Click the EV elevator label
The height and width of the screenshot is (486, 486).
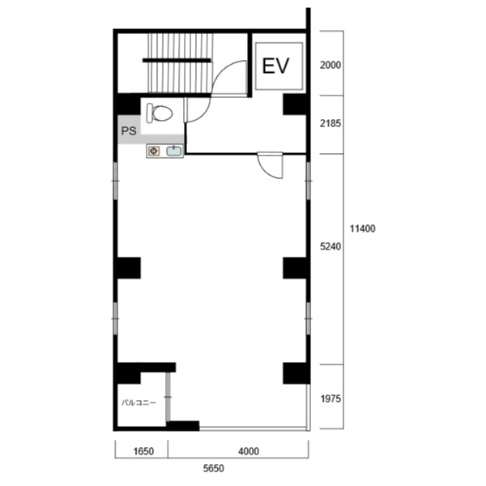pos(275,66)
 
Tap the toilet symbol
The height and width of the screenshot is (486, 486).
pos(160,113)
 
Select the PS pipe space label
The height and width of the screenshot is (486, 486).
pos(129,130)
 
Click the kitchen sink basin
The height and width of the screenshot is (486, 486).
pos(174,151)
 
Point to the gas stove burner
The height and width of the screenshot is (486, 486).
pos(154,151)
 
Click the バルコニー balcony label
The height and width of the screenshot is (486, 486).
pos(139,403)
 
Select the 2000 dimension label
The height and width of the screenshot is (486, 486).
pos(330,65)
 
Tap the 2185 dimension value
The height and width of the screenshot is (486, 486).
pos(330,123)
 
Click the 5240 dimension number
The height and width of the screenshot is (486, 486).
pos(330,246)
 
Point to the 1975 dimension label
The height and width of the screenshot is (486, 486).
pos(330,399)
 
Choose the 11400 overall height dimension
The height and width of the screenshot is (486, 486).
pos(363,228)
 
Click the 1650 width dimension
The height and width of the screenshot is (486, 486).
pos(143,451)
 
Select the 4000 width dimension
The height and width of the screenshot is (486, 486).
pos(249,451)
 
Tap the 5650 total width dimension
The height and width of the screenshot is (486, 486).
pos(214,468)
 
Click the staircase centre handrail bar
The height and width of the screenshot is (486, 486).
pos(177,60)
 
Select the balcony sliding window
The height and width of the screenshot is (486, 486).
pos(168,397)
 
